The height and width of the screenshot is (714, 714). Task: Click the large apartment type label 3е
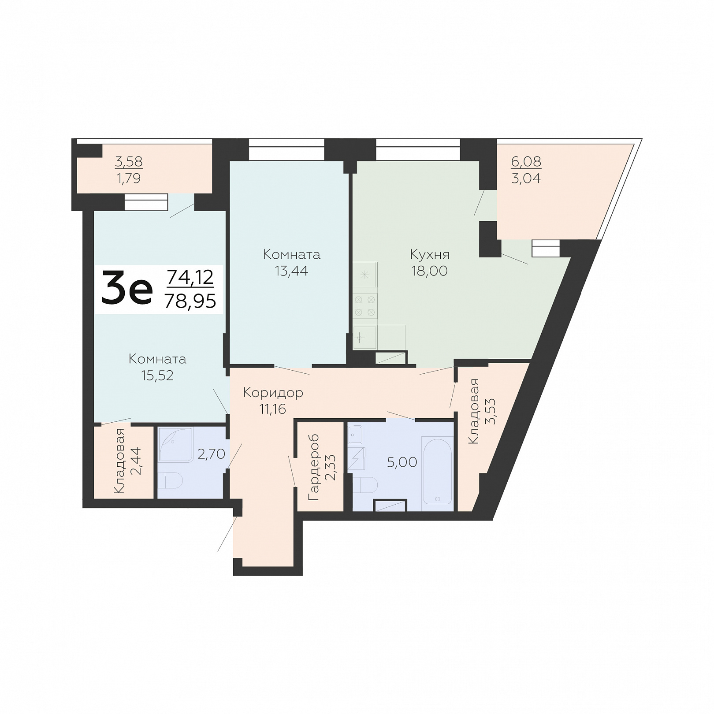click(x=127, y=288)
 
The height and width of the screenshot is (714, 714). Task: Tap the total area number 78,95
click(x=190, y=301)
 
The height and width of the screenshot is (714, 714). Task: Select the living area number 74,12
click(x=190, y=277)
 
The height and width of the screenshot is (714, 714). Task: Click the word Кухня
click(x=430, y=254)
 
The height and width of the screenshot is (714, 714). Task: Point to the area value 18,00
click(x=430, y=271)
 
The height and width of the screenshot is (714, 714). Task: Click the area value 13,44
click(x=291, y=271)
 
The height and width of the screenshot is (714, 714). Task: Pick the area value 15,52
click(x=157, y=375)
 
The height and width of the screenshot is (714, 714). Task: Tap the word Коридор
click(x=273, y=392)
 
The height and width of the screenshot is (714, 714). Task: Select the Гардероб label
click(x=314, y=468)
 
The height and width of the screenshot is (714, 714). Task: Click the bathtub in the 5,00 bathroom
click(x=437, y=470)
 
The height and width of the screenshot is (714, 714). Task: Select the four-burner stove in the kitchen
click(x=365, y=306)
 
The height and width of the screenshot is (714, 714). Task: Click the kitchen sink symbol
click(x=364, y=338)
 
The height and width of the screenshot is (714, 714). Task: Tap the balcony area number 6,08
click(x=526, y=161)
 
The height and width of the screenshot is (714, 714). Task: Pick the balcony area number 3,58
click(x=129, y=162)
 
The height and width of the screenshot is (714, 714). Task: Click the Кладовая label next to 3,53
click(x=474, y=411)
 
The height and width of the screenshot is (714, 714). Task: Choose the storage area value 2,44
click(x=136, y=461)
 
